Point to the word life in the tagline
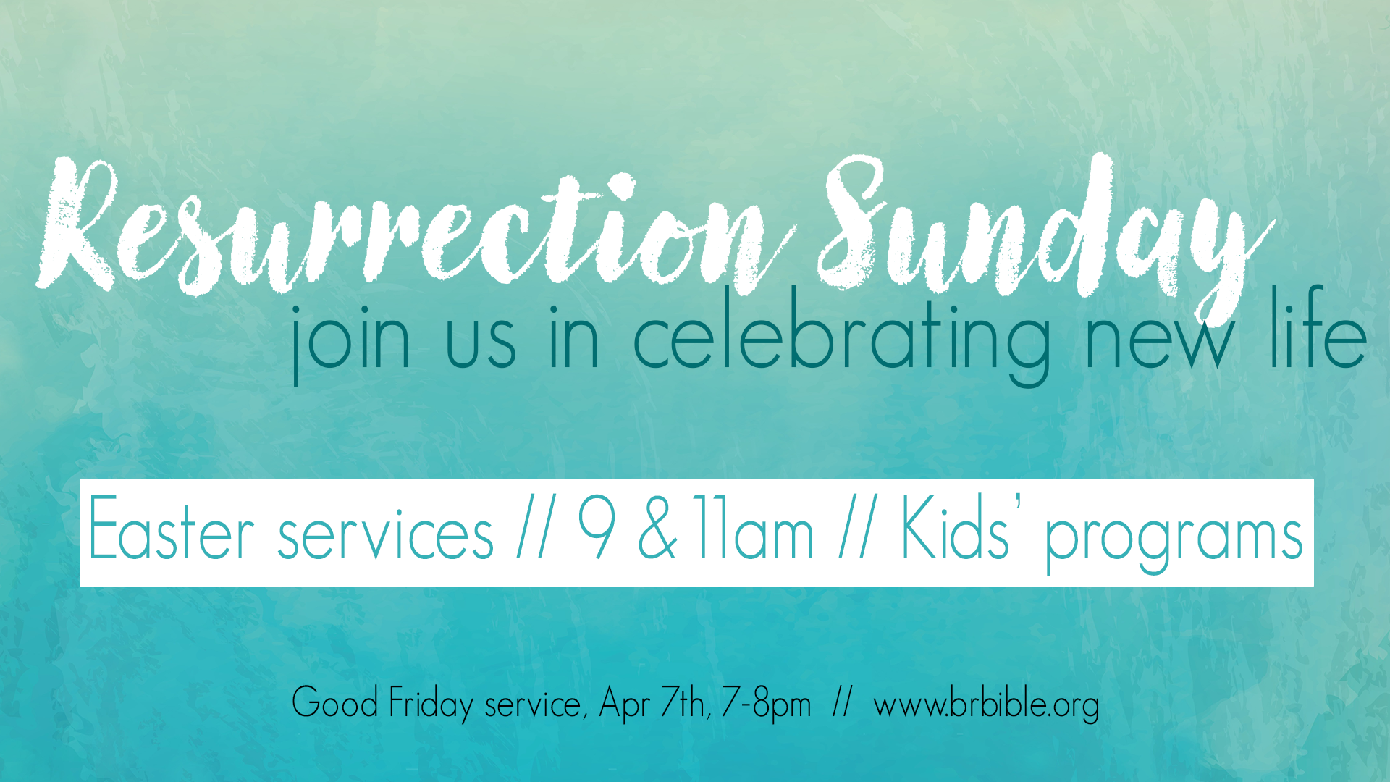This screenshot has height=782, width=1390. (x=1318, y=326)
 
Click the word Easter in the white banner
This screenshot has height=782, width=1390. (x=171, y=528)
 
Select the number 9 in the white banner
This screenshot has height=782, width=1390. (x=597, y=528)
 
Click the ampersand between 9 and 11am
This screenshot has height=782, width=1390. (x=657, y=528)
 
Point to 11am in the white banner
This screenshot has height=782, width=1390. (x=753, y=528)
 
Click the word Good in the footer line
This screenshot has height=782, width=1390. (x=335, y=702)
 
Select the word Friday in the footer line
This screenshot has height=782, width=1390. (x=431, y=704)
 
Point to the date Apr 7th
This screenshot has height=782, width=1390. (x=654, y=703)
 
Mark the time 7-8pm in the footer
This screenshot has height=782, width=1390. (x=767, y=704)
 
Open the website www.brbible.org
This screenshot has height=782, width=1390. (x=986, y=705)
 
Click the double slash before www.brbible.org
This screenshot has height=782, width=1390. (x=841, y=702)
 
